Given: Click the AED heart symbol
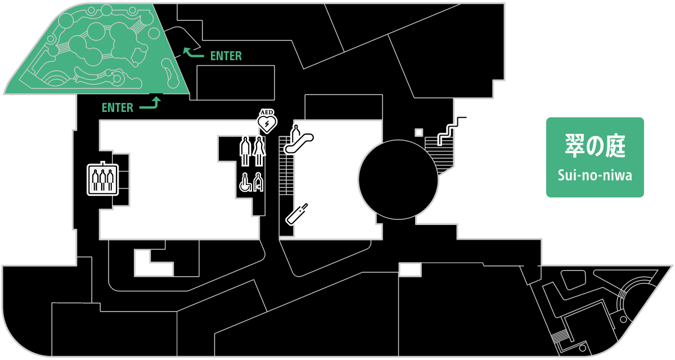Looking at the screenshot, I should click(267, 122).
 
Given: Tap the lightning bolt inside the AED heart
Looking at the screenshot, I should click(267, 123).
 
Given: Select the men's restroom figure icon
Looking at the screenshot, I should click(245, 151).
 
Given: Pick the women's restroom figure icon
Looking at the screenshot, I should click(259, 151).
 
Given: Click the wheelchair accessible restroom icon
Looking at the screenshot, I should click(245, 183).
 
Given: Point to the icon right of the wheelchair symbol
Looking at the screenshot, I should click(258, 183).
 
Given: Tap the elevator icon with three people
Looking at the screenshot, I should click(102, 179).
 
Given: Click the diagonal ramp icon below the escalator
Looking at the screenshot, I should click(297, 213).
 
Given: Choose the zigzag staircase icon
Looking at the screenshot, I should click(452, 131).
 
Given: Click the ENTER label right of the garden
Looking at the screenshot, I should click(226, 56).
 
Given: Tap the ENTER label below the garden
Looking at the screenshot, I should click(117, 108).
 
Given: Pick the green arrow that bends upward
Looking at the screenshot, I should click(151, 103).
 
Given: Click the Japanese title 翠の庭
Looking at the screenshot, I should click(595, 146).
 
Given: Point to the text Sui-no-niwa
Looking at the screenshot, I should click(595, 175).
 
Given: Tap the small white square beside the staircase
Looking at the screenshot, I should click(418, 132).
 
